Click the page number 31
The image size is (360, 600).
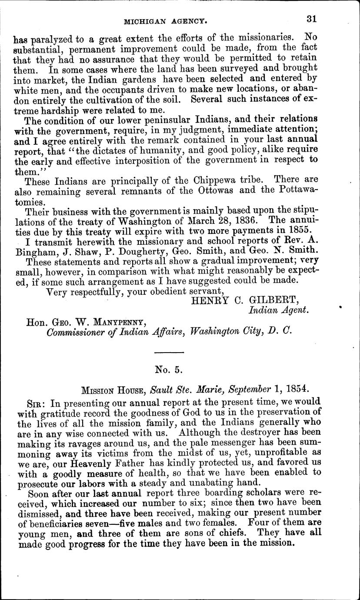coord(310,19)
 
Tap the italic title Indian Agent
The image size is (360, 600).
coord(278,310)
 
